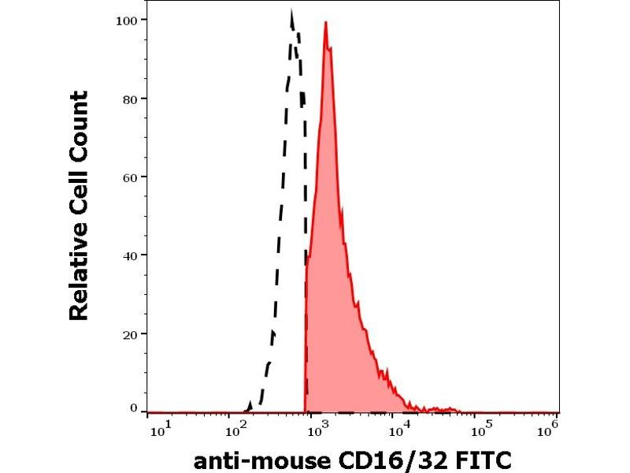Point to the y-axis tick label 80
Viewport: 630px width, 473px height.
pos(132,99)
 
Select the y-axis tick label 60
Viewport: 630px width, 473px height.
pos(132,177)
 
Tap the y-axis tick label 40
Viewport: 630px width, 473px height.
pos(132,255)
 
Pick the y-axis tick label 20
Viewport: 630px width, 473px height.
pos(132,333)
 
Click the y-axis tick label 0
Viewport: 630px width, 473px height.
pos(135,408)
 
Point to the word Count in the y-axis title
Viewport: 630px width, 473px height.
pos(79,119)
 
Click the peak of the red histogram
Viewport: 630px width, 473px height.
pos(325,24)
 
